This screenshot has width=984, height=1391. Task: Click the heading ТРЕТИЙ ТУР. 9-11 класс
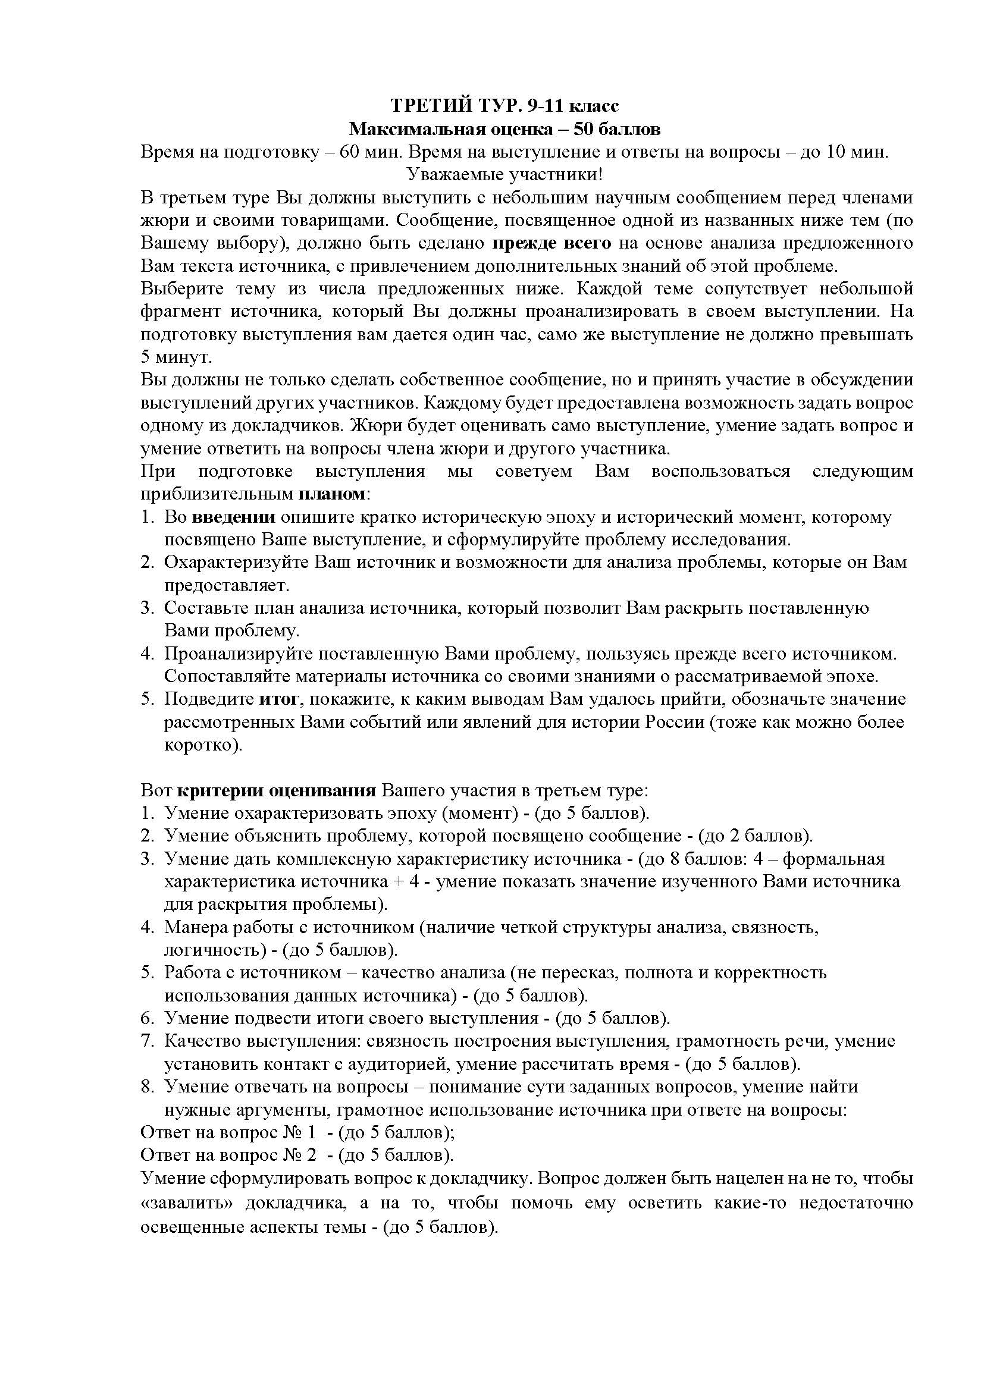pos(504,105)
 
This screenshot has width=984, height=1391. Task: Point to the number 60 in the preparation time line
pos(351,152)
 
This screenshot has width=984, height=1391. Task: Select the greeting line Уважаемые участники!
pos(504,174)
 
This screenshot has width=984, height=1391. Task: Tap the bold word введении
pos(234,517)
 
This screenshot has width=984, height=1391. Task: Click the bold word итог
pos(278,699)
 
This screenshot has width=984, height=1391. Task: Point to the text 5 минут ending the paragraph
pos(176,357)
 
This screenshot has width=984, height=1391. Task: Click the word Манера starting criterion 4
pos(195,928)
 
